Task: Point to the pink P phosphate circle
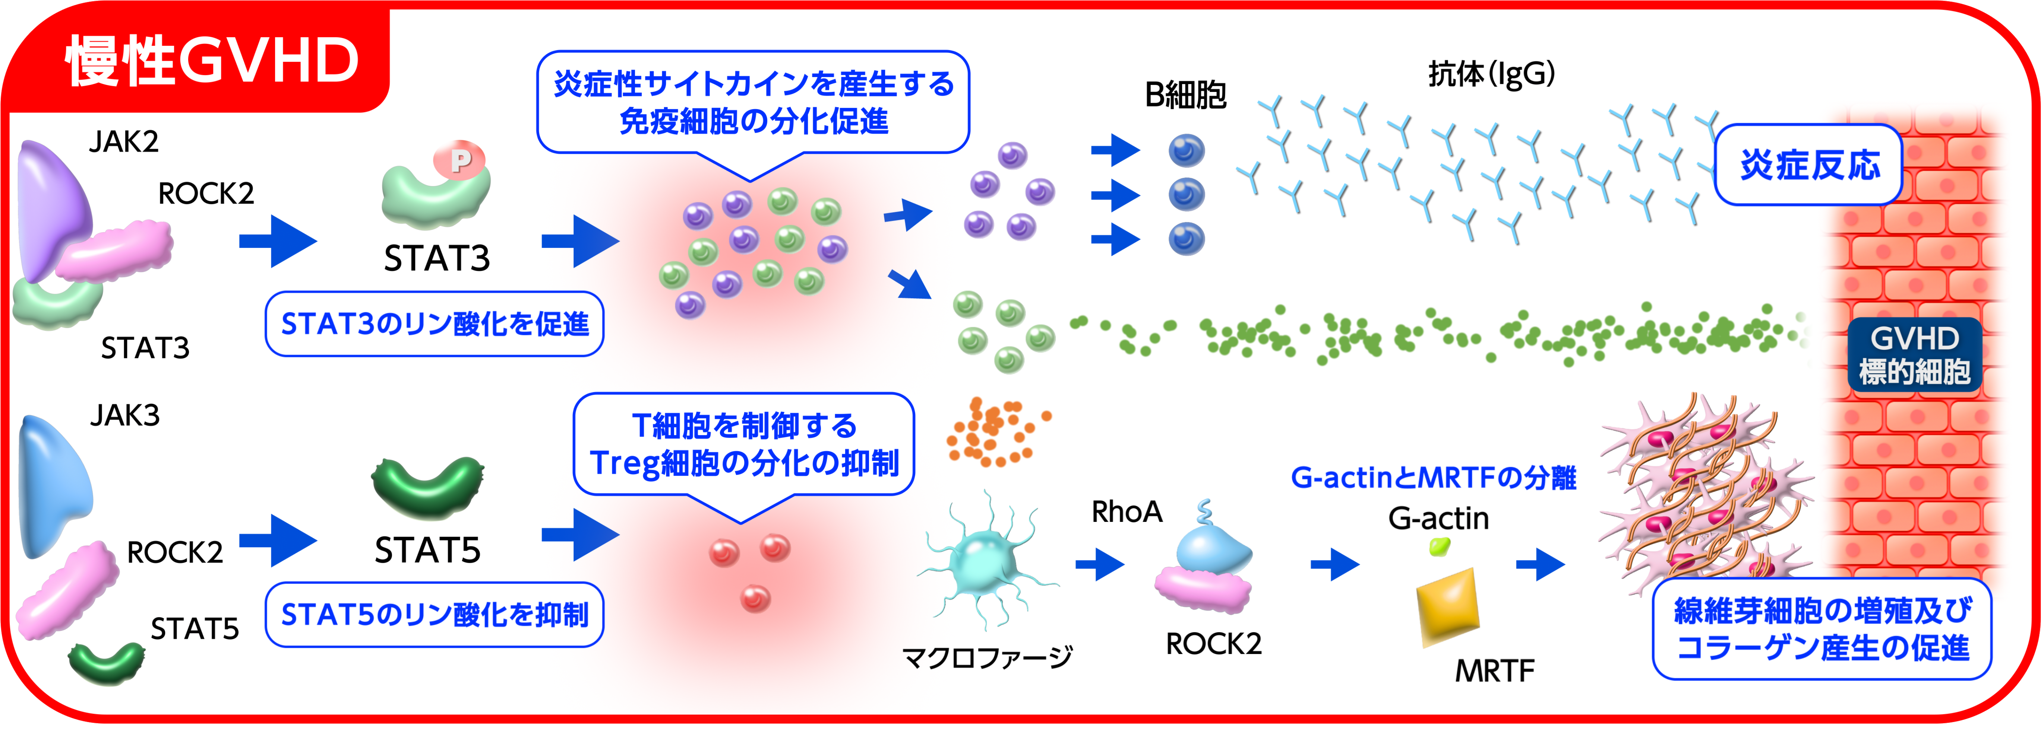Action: (459, 161)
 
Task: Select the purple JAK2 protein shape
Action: (51, 206)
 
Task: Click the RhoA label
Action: (1127, 512)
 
